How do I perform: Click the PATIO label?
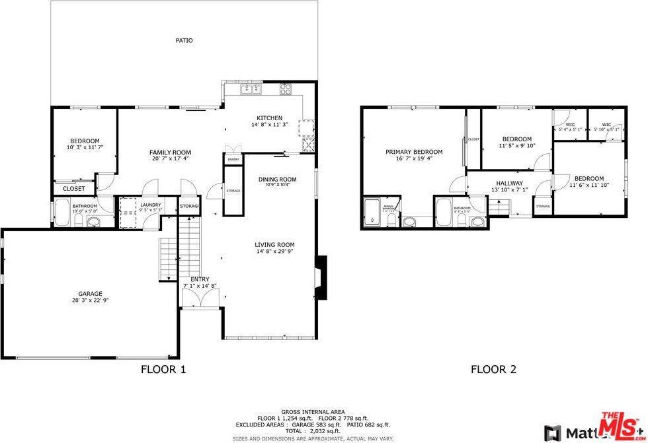click(x=184, y=40)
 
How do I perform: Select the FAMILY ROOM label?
click(x=170, y=153)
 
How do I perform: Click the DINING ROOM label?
click(x=277, y=179)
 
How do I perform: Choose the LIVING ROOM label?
click(x=274, y=244)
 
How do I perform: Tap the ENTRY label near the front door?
click(x=200, y=279)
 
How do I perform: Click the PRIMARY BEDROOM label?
click(x=414, y=152)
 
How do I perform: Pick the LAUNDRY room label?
click(x=150, y=205)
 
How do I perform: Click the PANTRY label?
click(x=233, y=160)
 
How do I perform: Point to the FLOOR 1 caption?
click(x=163, y=370)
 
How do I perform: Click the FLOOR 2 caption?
click(x=493, y=370)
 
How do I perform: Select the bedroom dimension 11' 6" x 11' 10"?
click(x=588, y=185)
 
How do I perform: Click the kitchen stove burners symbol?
click(x=286, y=89)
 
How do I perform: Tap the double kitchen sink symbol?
click(x=251, y=88)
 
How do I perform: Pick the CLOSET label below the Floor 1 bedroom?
click(x=74, y=189)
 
